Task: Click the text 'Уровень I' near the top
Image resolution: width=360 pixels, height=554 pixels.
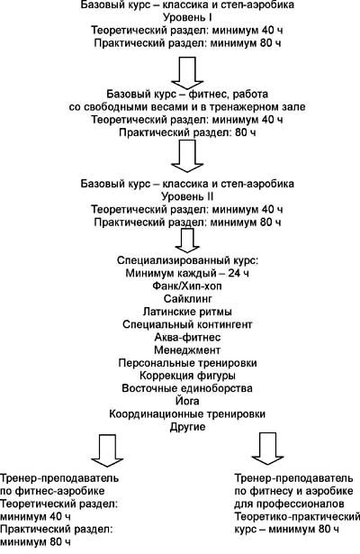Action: [187, 17]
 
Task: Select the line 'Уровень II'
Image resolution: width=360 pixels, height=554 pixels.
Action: [187, 196]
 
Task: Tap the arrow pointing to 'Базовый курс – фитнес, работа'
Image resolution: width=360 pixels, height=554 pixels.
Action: [187, 72]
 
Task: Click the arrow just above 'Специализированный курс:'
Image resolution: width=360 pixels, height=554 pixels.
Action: [187, 240]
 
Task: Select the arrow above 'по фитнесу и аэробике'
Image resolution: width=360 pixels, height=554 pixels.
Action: [267, 448]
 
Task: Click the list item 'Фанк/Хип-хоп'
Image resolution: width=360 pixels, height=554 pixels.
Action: [187, 286]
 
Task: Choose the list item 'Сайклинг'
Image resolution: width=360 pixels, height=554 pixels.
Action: [188, 298]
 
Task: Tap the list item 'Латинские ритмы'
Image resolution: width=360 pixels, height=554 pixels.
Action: [187, 312]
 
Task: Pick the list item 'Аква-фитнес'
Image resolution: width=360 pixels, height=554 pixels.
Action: [187, 337]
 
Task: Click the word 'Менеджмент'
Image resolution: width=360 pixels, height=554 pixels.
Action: [187, 350]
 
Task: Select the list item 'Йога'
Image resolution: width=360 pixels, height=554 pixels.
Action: [187, 401]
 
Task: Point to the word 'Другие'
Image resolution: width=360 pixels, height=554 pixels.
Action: [187, 427]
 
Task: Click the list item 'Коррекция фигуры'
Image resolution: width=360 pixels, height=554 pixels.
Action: [187, 376]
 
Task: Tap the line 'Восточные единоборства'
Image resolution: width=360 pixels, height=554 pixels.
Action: [187, 388]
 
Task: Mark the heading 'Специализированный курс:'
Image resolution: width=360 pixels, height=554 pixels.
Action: [187, 260]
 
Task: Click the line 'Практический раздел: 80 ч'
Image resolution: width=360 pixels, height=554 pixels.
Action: [187, 132]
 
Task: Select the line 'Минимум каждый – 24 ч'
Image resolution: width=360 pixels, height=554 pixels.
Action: [187, 273]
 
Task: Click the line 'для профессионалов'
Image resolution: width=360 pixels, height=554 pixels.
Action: [289, 504]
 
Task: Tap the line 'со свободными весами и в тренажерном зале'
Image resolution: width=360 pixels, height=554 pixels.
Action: [187, 106]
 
